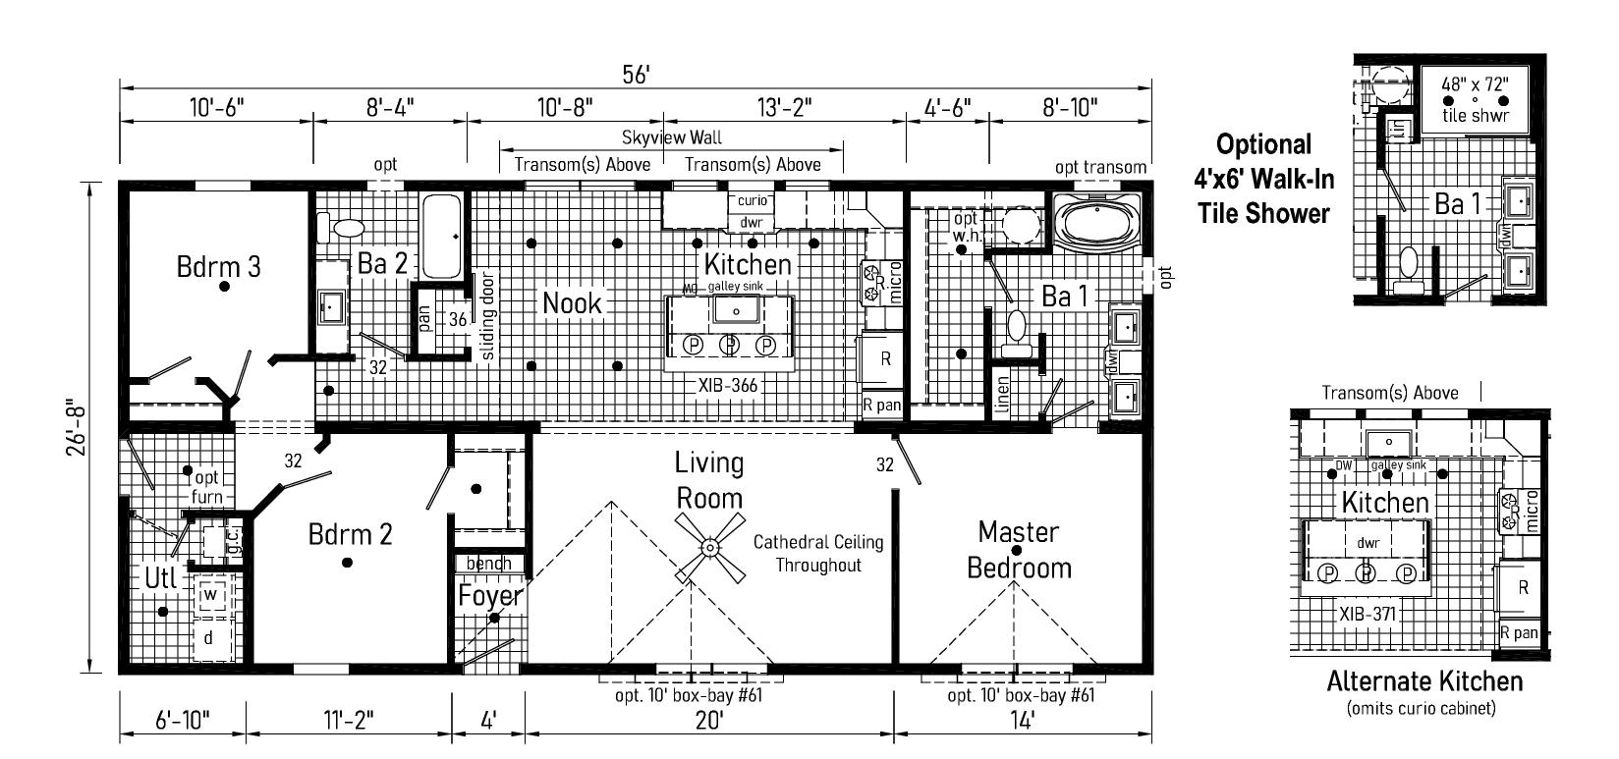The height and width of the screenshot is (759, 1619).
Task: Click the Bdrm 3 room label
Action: coord(218,266)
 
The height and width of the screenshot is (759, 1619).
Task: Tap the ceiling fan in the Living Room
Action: coord(709,546)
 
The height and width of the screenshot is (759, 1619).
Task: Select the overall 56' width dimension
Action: coord(636,75)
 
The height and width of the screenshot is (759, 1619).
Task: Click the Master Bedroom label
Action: coord(1019,550)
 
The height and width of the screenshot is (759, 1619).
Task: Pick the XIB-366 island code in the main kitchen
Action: coord(728,386)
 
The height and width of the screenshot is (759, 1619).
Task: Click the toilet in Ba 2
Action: coord(348,228)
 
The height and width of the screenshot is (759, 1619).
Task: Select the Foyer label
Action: coord(490,596)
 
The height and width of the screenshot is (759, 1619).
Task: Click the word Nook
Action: coord(573,303)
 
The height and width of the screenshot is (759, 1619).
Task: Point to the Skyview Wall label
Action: coord(672,138)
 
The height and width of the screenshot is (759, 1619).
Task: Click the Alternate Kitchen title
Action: coord(1424,681)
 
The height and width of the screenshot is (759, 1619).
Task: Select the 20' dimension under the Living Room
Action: coord(708,720)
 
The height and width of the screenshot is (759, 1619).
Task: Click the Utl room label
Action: coord(160,578)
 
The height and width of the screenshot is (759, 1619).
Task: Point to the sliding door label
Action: coord(488,315)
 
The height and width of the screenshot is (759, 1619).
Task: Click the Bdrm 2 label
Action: coord(350,534)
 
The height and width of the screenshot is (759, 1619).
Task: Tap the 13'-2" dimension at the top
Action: coord(783,106)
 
